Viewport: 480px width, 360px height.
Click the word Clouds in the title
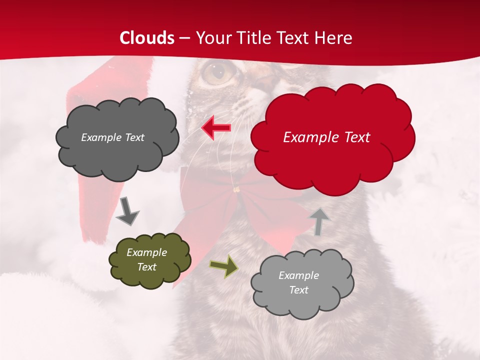click(147, 38)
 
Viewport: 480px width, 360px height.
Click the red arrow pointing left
click(216, 127)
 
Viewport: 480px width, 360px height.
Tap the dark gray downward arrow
click(127, 210)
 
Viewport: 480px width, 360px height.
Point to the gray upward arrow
click(319, 221)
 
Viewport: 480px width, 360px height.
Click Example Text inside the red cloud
click(326, 137)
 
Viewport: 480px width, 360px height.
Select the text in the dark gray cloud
click(112, 137)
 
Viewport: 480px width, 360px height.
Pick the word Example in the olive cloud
click(146, 252)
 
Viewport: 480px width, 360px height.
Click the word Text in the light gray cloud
click(298, 290)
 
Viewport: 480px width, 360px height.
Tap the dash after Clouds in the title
click(184, 38)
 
